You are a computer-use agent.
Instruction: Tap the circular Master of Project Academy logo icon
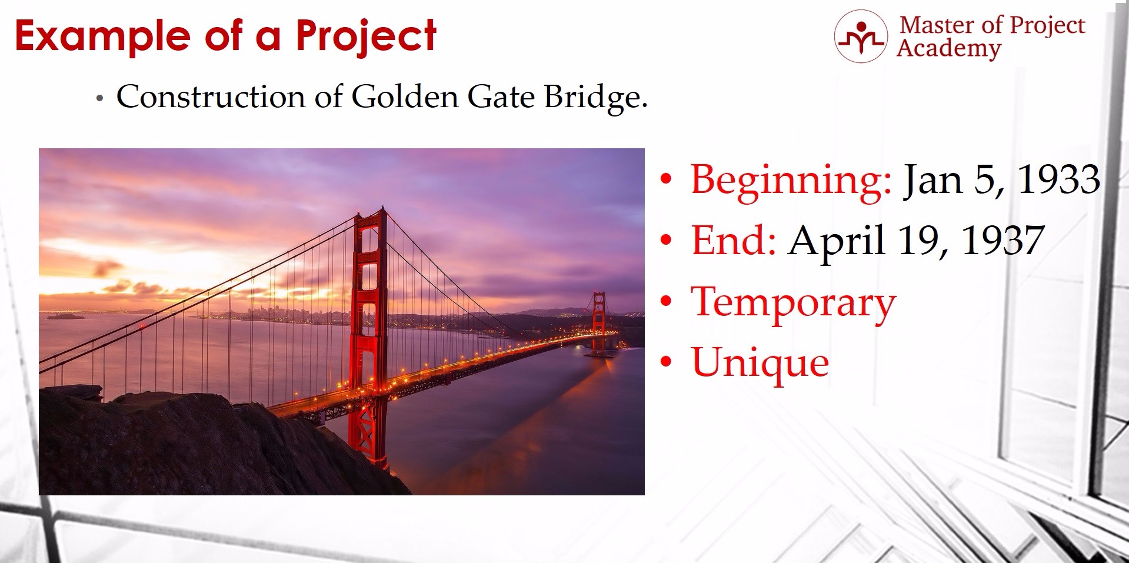tap(861, 36)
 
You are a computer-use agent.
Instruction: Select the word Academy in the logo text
tap(948, 48)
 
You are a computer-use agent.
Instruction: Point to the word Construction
tap(210, 96)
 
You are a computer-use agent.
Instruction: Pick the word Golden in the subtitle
tap(405, 96)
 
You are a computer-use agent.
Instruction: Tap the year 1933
tap(1059, 179)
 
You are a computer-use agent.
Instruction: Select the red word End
tap(734, 241)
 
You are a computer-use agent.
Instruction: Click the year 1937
tap(1003, 241)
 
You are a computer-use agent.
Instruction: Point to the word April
tap(837, 242)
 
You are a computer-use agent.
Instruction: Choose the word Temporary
tap(794, 304)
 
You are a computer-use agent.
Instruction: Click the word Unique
tap(760, 364)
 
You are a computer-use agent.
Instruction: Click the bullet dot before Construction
tap(100, 99)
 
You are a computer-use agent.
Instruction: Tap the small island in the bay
tap(65, 317)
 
